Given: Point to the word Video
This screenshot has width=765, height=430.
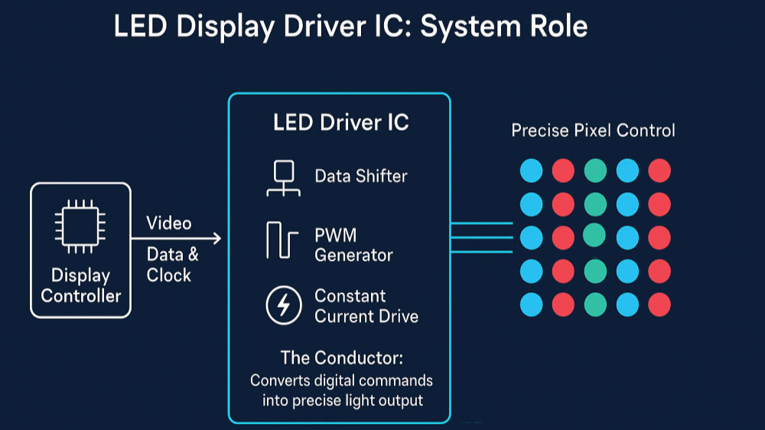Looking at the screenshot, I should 169,223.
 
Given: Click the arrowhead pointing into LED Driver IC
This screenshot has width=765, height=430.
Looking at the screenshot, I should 216,239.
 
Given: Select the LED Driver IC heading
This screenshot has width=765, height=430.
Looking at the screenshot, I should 340,122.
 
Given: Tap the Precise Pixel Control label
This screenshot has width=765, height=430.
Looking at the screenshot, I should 593,131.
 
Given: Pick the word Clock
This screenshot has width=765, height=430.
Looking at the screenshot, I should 169,275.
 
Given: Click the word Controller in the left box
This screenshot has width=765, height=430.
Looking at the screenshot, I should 80,295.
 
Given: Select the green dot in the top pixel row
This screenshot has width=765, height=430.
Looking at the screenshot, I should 595,171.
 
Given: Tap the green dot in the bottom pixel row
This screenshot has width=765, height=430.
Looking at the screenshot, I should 595,305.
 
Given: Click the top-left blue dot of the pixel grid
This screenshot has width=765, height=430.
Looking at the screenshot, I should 531,171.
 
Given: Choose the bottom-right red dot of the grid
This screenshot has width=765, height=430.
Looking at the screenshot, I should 659,305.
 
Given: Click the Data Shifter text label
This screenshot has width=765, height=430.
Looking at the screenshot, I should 361,176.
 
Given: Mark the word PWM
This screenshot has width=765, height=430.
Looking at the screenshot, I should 335,235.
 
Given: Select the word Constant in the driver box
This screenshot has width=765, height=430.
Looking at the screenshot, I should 350,296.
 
